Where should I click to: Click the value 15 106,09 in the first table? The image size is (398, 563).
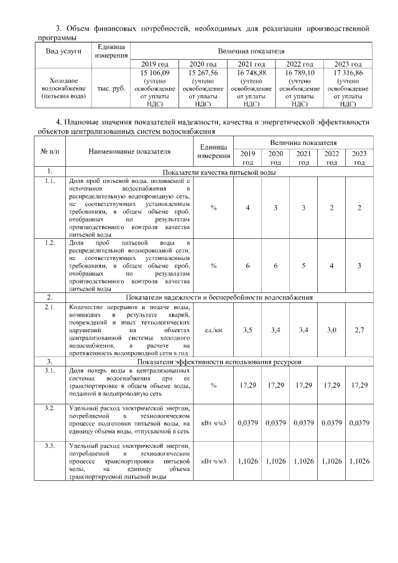(x=155, y=73)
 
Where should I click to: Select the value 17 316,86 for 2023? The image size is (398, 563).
(x=348, y=73)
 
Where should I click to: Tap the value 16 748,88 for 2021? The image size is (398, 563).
(x=252, y=73)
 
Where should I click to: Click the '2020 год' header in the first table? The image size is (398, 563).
(x=203, y=64)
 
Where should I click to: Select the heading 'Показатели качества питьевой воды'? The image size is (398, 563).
(x=219, y=172)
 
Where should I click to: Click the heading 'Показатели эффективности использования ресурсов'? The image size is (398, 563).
(x=219, y=361)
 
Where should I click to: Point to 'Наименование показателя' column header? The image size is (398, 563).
(x=129, y=151)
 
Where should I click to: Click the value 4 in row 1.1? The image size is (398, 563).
(x=248, y=207)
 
